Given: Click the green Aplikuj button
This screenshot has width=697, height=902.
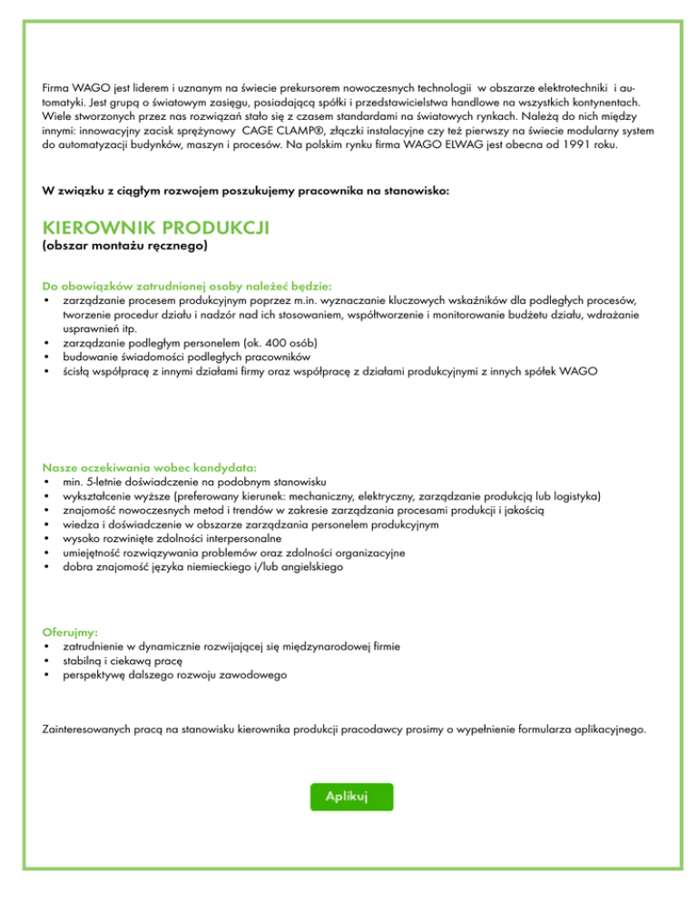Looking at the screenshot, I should point(351,796).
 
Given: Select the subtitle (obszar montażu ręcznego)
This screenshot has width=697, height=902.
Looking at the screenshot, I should point(125,245).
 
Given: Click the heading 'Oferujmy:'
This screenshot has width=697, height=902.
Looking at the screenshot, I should point(71,632).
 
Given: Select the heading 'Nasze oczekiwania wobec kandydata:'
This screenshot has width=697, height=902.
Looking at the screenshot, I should point(150,467).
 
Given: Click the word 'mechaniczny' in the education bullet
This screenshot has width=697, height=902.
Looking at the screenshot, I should point(361,496).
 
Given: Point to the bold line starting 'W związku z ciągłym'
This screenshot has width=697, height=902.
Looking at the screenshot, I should point(245,191).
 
